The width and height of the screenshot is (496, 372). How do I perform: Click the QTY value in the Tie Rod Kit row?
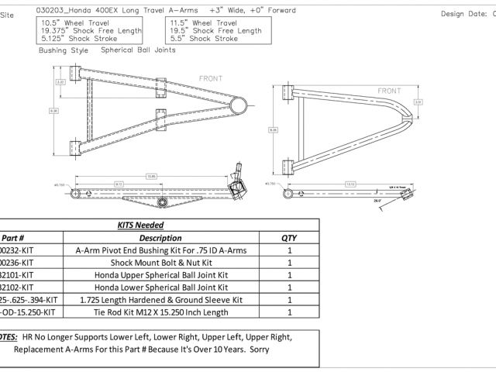point(290,312)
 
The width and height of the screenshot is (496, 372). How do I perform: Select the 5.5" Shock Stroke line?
point(204,38)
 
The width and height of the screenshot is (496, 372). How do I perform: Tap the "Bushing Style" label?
point(64,50)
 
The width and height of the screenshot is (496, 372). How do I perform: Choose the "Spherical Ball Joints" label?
point(138,50)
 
